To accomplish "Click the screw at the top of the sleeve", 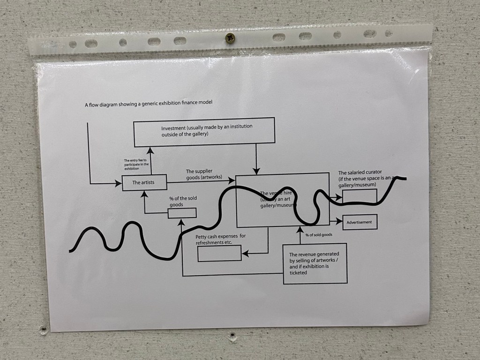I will point(230,38).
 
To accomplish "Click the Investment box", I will point(204,131).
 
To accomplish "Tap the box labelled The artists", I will point(144,182).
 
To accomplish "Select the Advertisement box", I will point(360,222).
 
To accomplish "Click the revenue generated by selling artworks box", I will point(315,263).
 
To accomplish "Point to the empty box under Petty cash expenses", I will point(219,253).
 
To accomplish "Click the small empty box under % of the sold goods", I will point(182,213).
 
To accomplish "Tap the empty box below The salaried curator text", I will point(360,195).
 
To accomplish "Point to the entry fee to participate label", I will point(136,165).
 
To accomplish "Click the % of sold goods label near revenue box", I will point(319,235).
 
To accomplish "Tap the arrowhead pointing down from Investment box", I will point(256,170).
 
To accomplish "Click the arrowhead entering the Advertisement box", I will point(340,222).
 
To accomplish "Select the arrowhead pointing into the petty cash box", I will point(245,254).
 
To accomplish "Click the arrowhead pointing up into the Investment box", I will point(150,150).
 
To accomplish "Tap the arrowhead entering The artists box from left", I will point(118,183).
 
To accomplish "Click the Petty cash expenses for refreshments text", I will point(220,239).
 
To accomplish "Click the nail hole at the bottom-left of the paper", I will point(44,330).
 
